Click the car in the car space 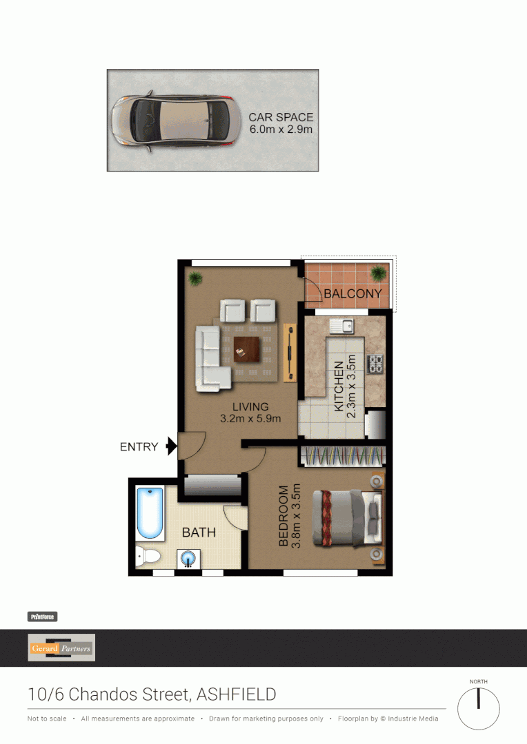pos(174,120)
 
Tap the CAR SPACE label pos(281,118)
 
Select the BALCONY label pos(352,293)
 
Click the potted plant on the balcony pos(377,273)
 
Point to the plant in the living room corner pos(196,278)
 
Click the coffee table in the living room pos(246,349)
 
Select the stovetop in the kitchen pos(377,363)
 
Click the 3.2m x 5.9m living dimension pos(250,418)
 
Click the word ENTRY pos(139,447)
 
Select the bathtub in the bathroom pos(150,514)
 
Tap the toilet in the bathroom pos(147,555)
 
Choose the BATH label pos(199,533)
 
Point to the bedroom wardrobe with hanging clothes pos(341,455)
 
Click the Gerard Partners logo pos(61,648)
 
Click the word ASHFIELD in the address pos(237,694)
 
